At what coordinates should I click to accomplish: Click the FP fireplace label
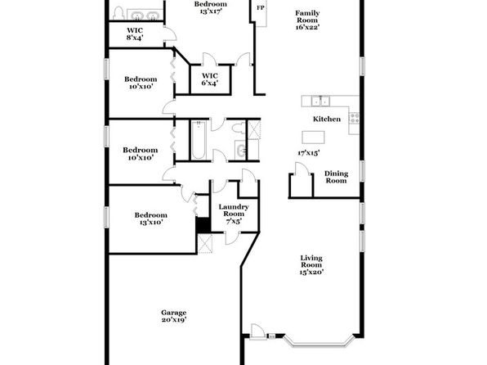pos(261,8)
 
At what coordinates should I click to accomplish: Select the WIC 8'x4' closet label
pos(135,34)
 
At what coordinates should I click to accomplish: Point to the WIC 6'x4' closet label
pos(210,79)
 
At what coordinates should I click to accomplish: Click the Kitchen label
pos(326,119)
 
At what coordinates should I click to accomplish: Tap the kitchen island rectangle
pos(313,137)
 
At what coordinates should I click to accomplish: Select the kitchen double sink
pos(320,101)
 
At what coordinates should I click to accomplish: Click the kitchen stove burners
pos(355,118)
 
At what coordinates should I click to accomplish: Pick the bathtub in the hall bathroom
pos(199,140)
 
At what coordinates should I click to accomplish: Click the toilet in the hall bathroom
pos(239,128)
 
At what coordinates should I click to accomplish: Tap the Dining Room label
pos(336,177)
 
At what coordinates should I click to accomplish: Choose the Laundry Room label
pos(234,214)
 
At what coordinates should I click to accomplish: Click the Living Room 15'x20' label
pos(311,265)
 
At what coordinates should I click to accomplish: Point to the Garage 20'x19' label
pos(173,316)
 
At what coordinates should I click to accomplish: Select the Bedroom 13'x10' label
pos(150,219)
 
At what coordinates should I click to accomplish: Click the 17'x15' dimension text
pos(308,153)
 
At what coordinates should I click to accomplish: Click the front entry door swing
pos(257,331)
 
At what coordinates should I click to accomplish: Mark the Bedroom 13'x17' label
pos(211,8)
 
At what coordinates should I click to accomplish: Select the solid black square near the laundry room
pos(203,224)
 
